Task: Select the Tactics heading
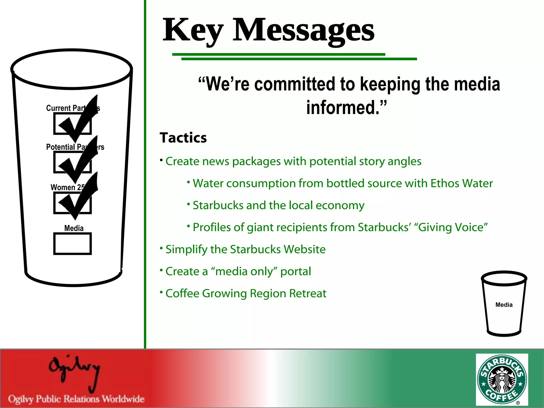pos(183,138)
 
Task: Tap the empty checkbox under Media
pos(73,244)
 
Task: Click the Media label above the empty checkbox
pos(74,228)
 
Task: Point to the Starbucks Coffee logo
pos(502,379)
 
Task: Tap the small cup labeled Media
pos(504,304)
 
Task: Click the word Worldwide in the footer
pos(123,399)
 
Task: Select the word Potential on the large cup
pos(61,147)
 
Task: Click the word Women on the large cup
pos(63,187)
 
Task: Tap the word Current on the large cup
pos(58,108)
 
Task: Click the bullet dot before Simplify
pos(161,248)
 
